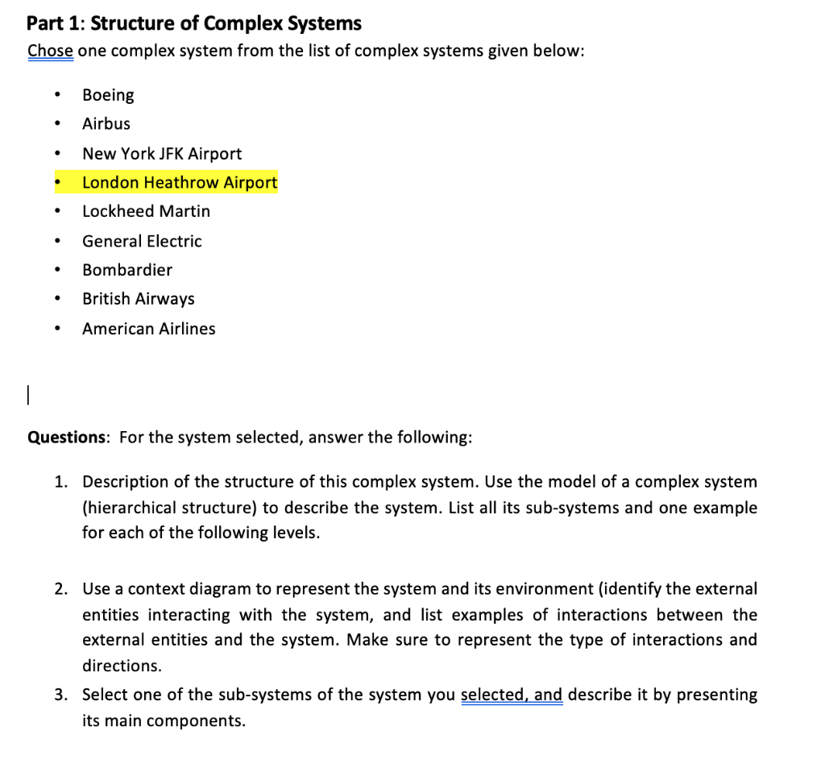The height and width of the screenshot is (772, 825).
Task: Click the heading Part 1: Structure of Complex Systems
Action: tap(194, 23)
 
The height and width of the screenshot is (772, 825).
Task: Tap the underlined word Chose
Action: tap(51, 51)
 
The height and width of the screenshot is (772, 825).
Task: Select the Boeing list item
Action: tap(108, 95)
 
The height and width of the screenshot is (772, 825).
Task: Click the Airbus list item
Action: tap(106, 124)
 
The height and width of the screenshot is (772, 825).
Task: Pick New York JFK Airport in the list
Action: tap(162, 153)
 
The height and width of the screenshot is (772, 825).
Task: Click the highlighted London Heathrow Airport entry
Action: tap(180, 183)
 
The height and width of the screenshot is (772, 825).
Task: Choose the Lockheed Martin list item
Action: tap(146, 211)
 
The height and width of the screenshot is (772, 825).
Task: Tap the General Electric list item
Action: tap(142, 241)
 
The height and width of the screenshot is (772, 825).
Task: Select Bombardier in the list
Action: tap(127, 270)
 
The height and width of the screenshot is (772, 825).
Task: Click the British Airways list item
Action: tap(139, 299)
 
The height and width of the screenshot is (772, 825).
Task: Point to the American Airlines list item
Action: tap(149, 329)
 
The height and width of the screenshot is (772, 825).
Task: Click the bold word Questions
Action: tap(68, 438)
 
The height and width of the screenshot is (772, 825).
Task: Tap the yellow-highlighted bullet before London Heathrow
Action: tap(57, 183)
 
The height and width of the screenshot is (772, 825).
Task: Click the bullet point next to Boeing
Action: tap(57, 96)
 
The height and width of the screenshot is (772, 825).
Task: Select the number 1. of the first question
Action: tap(62, 482)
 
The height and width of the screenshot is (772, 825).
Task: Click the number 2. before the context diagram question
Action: tap(62, 589)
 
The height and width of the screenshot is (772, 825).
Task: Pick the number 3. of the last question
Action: tap(62, 695)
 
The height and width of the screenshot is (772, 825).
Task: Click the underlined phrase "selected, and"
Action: tap(512, 695)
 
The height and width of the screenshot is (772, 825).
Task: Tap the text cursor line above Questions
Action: tap(28, 396)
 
